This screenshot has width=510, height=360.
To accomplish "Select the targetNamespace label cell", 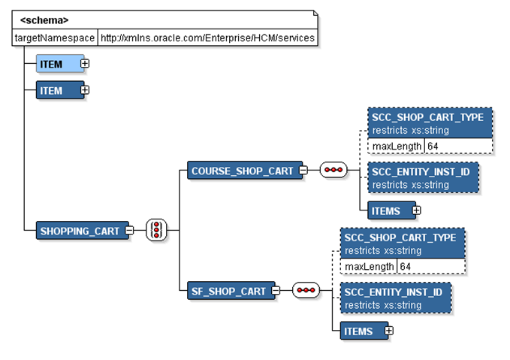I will click(x=56, y=38).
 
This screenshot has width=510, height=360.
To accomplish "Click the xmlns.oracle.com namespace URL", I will click(x=208, y=38).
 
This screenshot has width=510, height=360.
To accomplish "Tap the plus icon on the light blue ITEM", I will click(x=85, y=64).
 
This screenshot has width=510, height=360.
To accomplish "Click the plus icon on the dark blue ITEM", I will click(x=85, y=90).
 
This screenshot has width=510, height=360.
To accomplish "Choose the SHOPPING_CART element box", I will click(x=79, y=231).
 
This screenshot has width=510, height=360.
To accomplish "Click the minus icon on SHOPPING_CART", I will click(x=130, y=231).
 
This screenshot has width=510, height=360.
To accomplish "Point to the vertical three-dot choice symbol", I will click(x=156, y=230).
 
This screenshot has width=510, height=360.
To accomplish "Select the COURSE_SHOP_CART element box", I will click(x=242, y=171).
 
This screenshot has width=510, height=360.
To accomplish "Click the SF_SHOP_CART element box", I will click(x=228, y=291).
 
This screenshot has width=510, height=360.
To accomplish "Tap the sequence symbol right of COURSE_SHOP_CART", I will click(x=333, y=171).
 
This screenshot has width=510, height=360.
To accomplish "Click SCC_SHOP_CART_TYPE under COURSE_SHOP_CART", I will click(x=431, y=117).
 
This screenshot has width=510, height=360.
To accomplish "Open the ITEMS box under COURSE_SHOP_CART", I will click(x=385, y=210).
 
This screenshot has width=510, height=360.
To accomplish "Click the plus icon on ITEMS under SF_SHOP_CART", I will click(x=388, y=331).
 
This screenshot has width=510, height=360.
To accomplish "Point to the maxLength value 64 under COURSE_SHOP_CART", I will click(x=433, y=146).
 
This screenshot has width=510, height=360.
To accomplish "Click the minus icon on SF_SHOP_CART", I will click(x=276, y=291).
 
